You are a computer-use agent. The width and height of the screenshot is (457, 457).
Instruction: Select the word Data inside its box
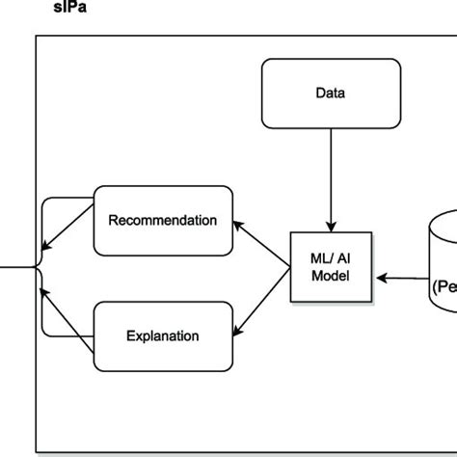[x=330, y=94]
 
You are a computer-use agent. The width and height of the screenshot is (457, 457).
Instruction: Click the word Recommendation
[x=163, y=221]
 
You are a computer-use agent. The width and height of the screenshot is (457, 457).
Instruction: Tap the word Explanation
[x=163, y=336]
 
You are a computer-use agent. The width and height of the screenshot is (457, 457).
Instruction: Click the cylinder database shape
[x=443, y=260]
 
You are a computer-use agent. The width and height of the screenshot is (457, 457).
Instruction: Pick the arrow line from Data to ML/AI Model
[x=331, y=178]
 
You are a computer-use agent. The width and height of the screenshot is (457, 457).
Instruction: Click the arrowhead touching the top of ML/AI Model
[x=331, y=226]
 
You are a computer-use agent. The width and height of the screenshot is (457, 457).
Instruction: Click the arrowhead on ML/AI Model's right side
[x=380, y=278]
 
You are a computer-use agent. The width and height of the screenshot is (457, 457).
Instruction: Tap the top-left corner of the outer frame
[x=37, y=37]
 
